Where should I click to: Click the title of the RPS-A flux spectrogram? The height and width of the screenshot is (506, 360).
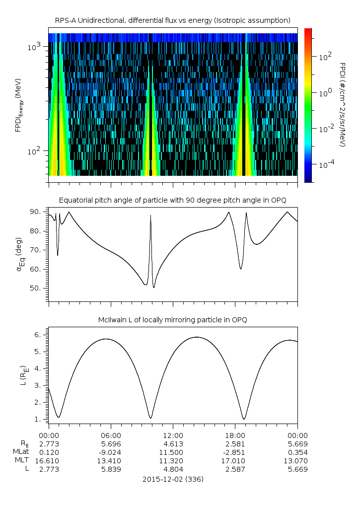[x=172, y=20]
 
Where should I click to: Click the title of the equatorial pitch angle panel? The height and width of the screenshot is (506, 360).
[x=172, y=200]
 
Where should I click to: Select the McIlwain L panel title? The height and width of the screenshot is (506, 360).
[x=172, y=320]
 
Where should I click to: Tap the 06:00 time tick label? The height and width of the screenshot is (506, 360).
[x=111, y=435]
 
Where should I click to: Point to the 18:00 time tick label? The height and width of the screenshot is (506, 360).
[x=235, y=435]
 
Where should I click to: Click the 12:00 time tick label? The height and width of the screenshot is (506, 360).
[x=173, y=435]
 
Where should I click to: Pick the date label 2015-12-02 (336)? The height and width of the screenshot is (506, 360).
[x=173, y=479]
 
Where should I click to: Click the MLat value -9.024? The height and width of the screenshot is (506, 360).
[x=111, y=452]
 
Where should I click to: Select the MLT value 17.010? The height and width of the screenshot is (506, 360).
[x=235, y=461]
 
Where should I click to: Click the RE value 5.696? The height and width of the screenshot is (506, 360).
[x=111, y=443]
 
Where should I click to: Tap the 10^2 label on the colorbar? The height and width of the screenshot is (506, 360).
[x=325, y=57]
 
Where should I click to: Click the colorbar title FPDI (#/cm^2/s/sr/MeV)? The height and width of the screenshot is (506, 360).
[x=343, y=105]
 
